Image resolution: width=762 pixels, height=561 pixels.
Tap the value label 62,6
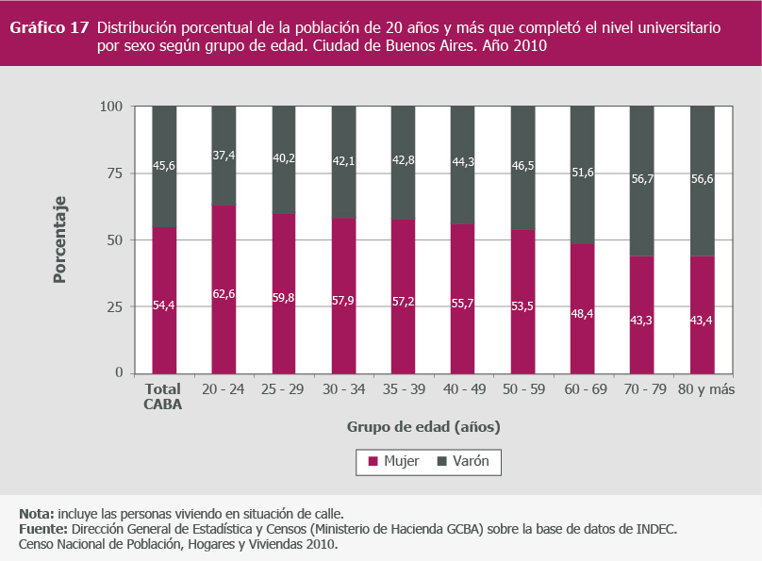tap(224, 294)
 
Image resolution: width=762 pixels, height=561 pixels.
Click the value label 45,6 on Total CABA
tap(164, 166)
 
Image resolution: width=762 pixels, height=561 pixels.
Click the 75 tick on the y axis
tap(112, 173)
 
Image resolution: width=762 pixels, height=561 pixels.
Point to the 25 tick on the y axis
tap(112, 306)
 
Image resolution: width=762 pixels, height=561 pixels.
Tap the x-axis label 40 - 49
tap(463, 388)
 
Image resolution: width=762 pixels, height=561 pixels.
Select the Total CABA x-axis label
tap(163, 396)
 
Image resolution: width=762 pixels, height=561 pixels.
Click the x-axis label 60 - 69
tap(583, 388)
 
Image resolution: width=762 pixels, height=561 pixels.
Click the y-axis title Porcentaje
tap(58, 239)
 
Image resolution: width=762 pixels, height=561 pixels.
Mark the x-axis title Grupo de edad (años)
tap(423, 426)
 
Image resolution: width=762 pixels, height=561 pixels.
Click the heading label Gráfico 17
tap(49, 27)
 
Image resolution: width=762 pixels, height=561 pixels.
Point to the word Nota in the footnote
tap(35, 514)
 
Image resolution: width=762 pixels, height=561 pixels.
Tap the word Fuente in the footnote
tap(41, 529)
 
